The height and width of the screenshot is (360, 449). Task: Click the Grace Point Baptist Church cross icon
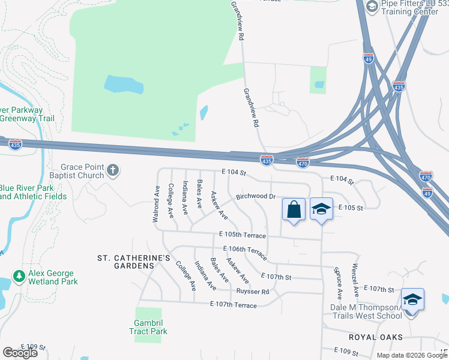pyautogui.click(x=113, y=172)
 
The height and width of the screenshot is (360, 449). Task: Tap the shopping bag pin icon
pyautogui.click(x=294, y=210)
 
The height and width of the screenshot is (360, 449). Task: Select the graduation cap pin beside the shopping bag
pyautogui.click(x=321, y=209)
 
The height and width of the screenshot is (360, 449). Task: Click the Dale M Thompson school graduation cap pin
pyautogui.click(x=412, y=299)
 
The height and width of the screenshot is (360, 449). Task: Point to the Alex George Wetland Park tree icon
pyautogui.click(x=19, y=277)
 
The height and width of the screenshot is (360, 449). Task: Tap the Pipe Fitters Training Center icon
pyautogui.click(x=372, y=7)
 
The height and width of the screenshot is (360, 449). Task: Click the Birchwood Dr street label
pyautogui.click(x=255, y=196)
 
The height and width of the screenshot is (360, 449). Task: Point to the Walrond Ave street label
pyautogui.click(x=156, y=204)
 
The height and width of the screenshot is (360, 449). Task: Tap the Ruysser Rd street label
pyautogui.click(x=252, y=292)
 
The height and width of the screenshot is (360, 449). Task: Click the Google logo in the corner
pyautogui.click(x=20, y=353)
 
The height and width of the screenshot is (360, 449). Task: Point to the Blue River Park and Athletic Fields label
pyautogui.click(x=32, y=191)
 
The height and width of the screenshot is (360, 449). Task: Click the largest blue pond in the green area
pyautogui.click(x=124, y=85)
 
